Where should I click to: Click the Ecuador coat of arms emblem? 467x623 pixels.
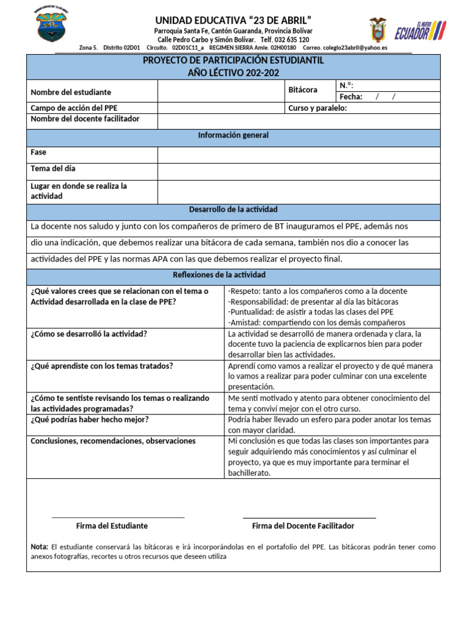click(378, 29)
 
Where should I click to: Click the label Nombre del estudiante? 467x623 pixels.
click(71, 92)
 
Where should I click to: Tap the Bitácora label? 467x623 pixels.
click(303, 90)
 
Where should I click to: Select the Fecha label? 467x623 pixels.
click(351, 97)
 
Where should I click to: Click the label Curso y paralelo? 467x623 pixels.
click(317, 108)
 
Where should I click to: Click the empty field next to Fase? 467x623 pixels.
click(299, 155)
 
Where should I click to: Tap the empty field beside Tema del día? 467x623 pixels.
click(299, 171)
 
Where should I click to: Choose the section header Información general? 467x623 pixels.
click(233, 136)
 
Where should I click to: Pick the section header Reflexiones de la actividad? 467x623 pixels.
click(233, 276)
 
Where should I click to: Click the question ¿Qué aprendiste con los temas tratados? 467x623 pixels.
click(102, 366)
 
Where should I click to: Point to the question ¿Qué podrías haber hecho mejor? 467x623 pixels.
click(89, 420)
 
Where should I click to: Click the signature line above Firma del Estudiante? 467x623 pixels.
click(118, 517)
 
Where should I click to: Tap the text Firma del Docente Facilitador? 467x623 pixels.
click(303, 526)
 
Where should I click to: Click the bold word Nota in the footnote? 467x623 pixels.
click(40, 547)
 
